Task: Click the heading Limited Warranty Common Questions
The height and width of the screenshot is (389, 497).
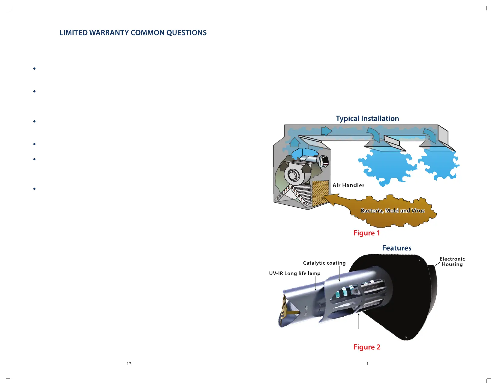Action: pos(133,33)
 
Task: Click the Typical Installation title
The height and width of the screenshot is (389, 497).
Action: pos(367,119)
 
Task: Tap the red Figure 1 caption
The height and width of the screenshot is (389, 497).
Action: pos(366,233)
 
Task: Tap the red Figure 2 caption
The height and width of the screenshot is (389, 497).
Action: pos(367,347)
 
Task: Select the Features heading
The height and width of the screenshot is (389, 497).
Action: pos(397,248)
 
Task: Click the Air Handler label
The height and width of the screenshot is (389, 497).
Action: pos(348,185)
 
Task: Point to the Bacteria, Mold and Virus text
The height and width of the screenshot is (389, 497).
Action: pos(393,211)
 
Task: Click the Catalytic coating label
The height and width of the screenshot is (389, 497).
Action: pos(324,263)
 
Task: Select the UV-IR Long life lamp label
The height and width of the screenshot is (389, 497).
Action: pos(295,273)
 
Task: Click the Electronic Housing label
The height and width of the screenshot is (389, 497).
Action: pos(452,261)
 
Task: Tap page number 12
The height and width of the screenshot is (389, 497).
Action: pos(129,364)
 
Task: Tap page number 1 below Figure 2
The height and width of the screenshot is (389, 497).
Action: pos(367,364)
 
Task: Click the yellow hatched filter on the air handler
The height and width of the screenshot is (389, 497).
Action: pos(320,193)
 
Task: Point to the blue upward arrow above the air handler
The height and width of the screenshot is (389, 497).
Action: pos(295,142)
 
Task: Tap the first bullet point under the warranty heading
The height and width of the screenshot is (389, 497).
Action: pos(35,69)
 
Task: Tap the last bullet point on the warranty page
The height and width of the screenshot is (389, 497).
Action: pos(35,189)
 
